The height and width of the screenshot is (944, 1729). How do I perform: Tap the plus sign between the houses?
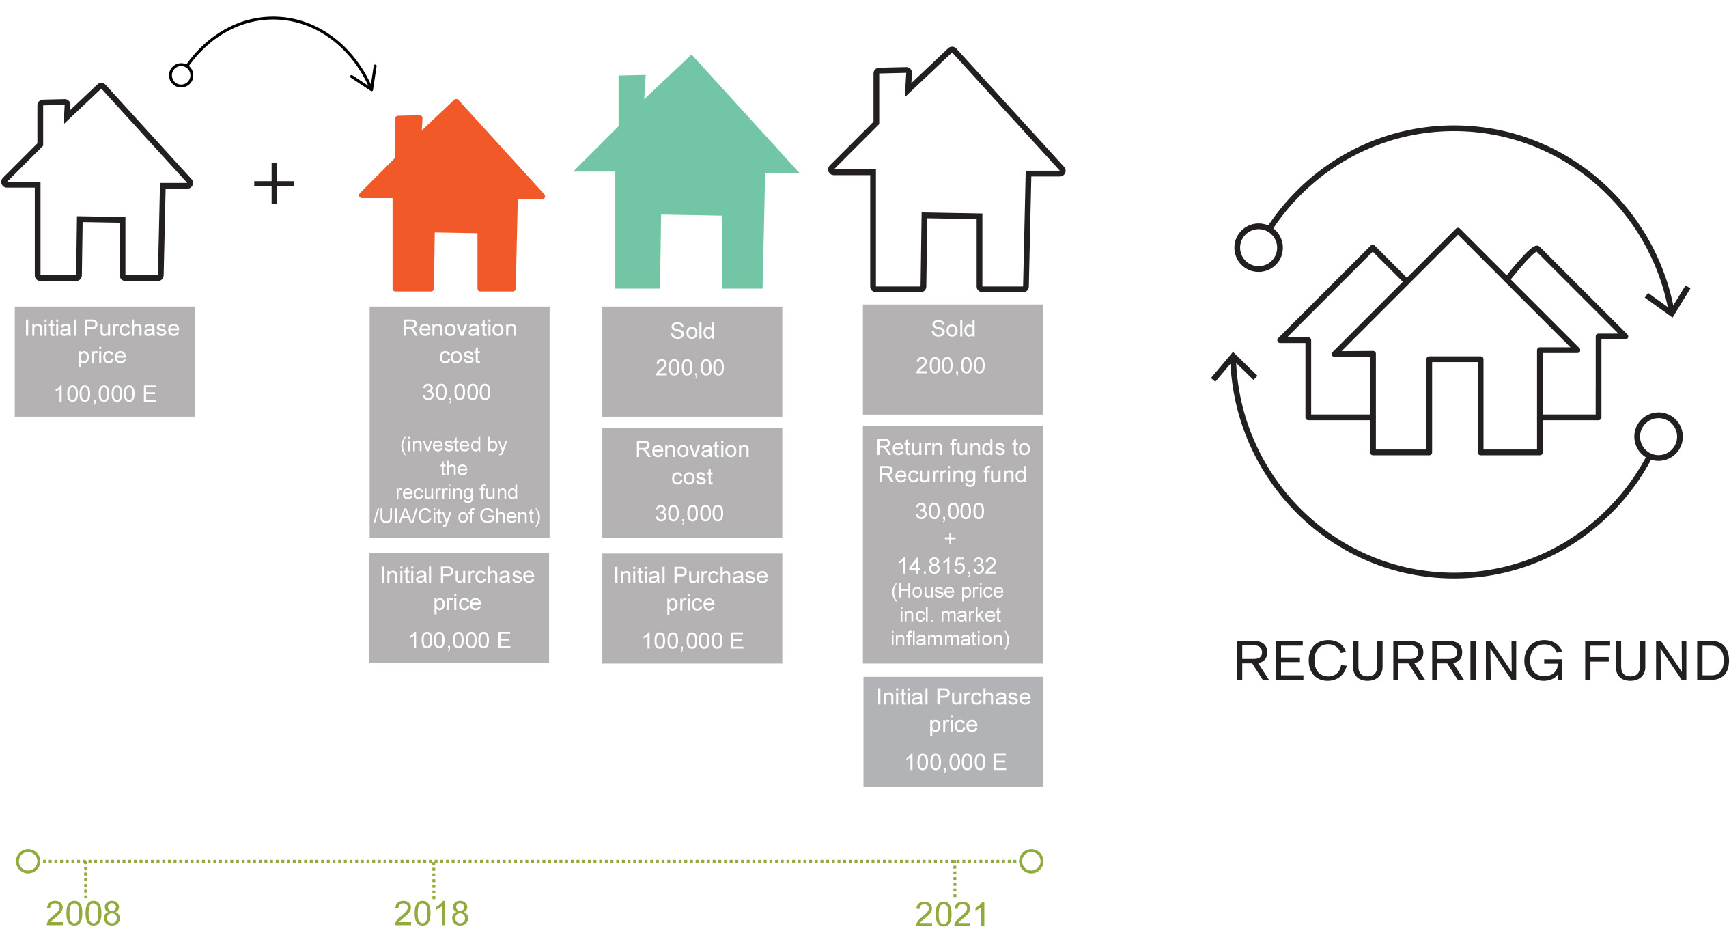pyautogui.click(x=274, y=183)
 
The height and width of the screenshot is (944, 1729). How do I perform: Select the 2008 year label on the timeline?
pyautogui.click(x=83, y=913)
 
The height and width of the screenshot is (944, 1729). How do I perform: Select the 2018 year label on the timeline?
pyautogui.click(x=431, y=913)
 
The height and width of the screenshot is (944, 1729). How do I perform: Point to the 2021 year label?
pyautogui.click(x=951, y=915)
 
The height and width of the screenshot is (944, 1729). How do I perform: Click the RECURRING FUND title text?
pyautogui.click(x=1480, y=661)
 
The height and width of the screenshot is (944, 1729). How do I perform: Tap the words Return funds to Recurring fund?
pyautogui.click(x=953, y=461)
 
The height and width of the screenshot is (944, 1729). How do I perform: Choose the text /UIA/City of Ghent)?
pyautogui.click(x=457, y=516)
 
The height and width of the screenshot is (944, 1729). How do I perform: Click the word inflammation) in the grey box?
pyautogui.click(x=950, y=639)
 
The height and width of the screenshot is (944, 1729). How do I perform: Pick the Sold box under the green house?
pyautogui.click(x=692, y=361)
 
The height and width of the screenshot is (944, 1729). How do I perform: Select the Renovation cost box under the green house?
pyautogui.click(x=692, y=482)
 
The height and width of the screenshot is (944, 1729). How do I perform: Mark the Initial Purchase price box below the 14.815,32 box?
pyautogui.click(x=953, y=732)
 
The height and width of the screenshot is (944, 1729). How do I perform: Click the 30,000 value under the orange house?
pyautogui.click(x=456, y=392)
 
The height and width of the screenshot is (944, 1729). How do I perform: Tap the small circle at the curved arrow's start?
pyautogui.click(x=181, y=75)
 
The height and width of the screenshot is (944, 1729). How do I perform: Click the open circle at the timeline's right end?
pyautogui.click(x=1031, y=861)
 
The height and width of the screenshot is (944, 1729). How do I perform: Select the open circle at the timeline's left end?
pyautogui.click(x=28, y=861)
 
